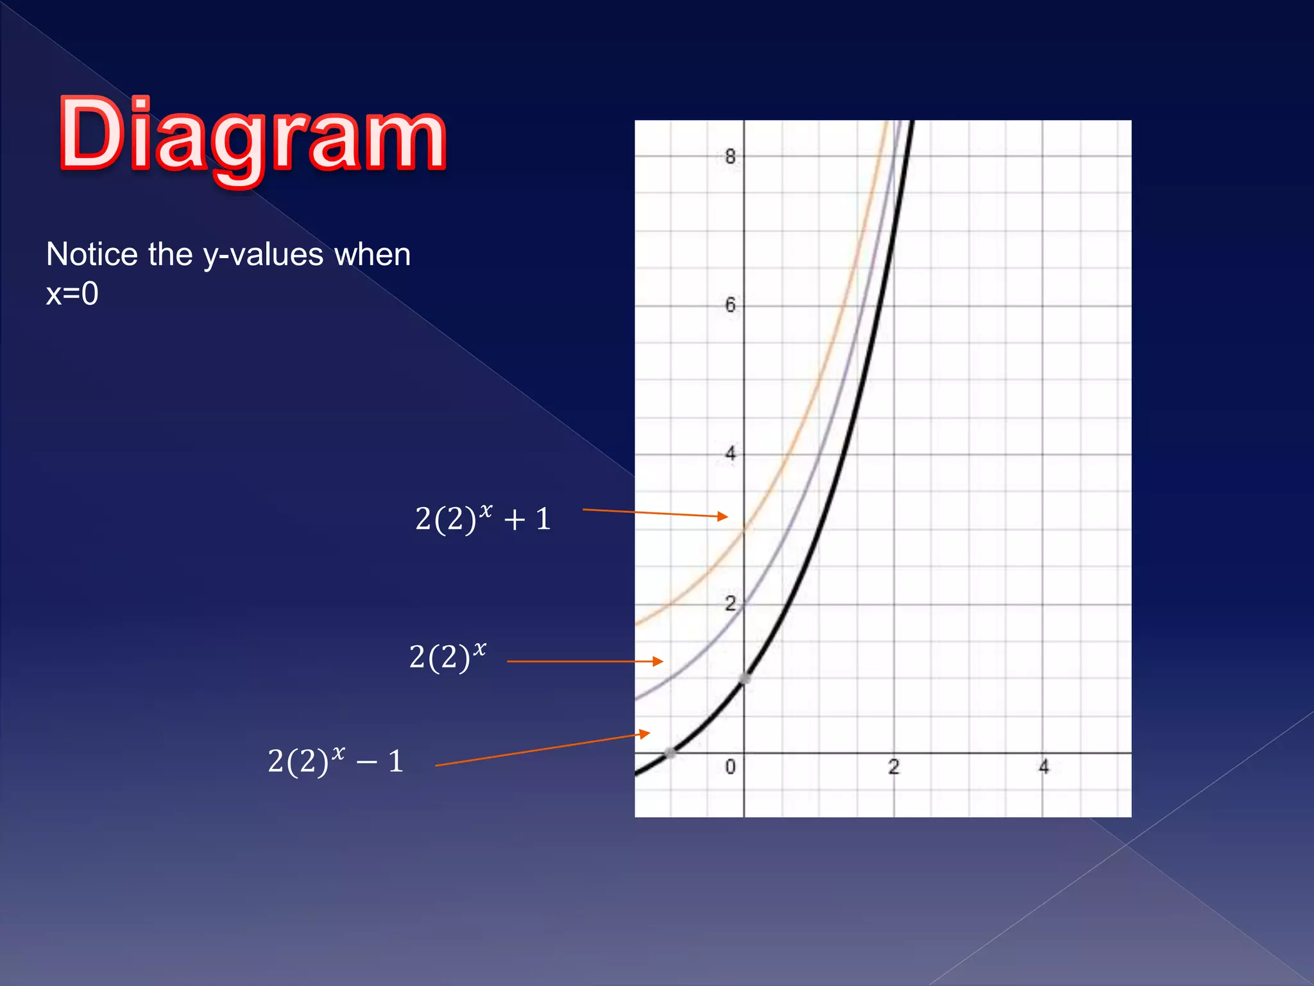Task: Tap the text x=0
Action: click(72, 294)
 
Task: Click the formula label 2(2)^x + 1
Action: click(482, 519)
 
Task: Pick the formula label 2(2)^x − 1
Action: click(335, 761)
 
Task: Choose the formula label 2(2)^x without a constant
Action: click(447, 657)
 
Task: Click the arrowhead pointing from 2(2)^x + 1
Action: click(723, 516)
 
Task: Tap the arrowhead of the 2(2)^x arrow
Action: click(658, 661)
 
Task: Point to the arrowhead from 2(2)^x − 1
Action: click(645, 734)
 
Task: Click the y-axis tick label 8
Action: click(730, 157)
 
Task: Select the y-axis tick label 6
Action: click(730, 305)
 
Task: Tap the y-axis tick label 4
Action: click(730, 454)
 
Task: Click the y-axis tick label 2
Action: click(730, 603)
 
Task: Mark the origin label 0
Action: click(730, 766)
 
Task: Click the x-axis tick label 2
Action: click(894, 766)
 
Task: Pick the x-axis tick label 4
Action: click(1044, 766)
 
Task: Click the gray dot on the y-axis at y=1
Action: click(745, 679)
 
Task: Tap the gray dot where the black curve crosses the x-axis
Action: click(669, 753)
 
